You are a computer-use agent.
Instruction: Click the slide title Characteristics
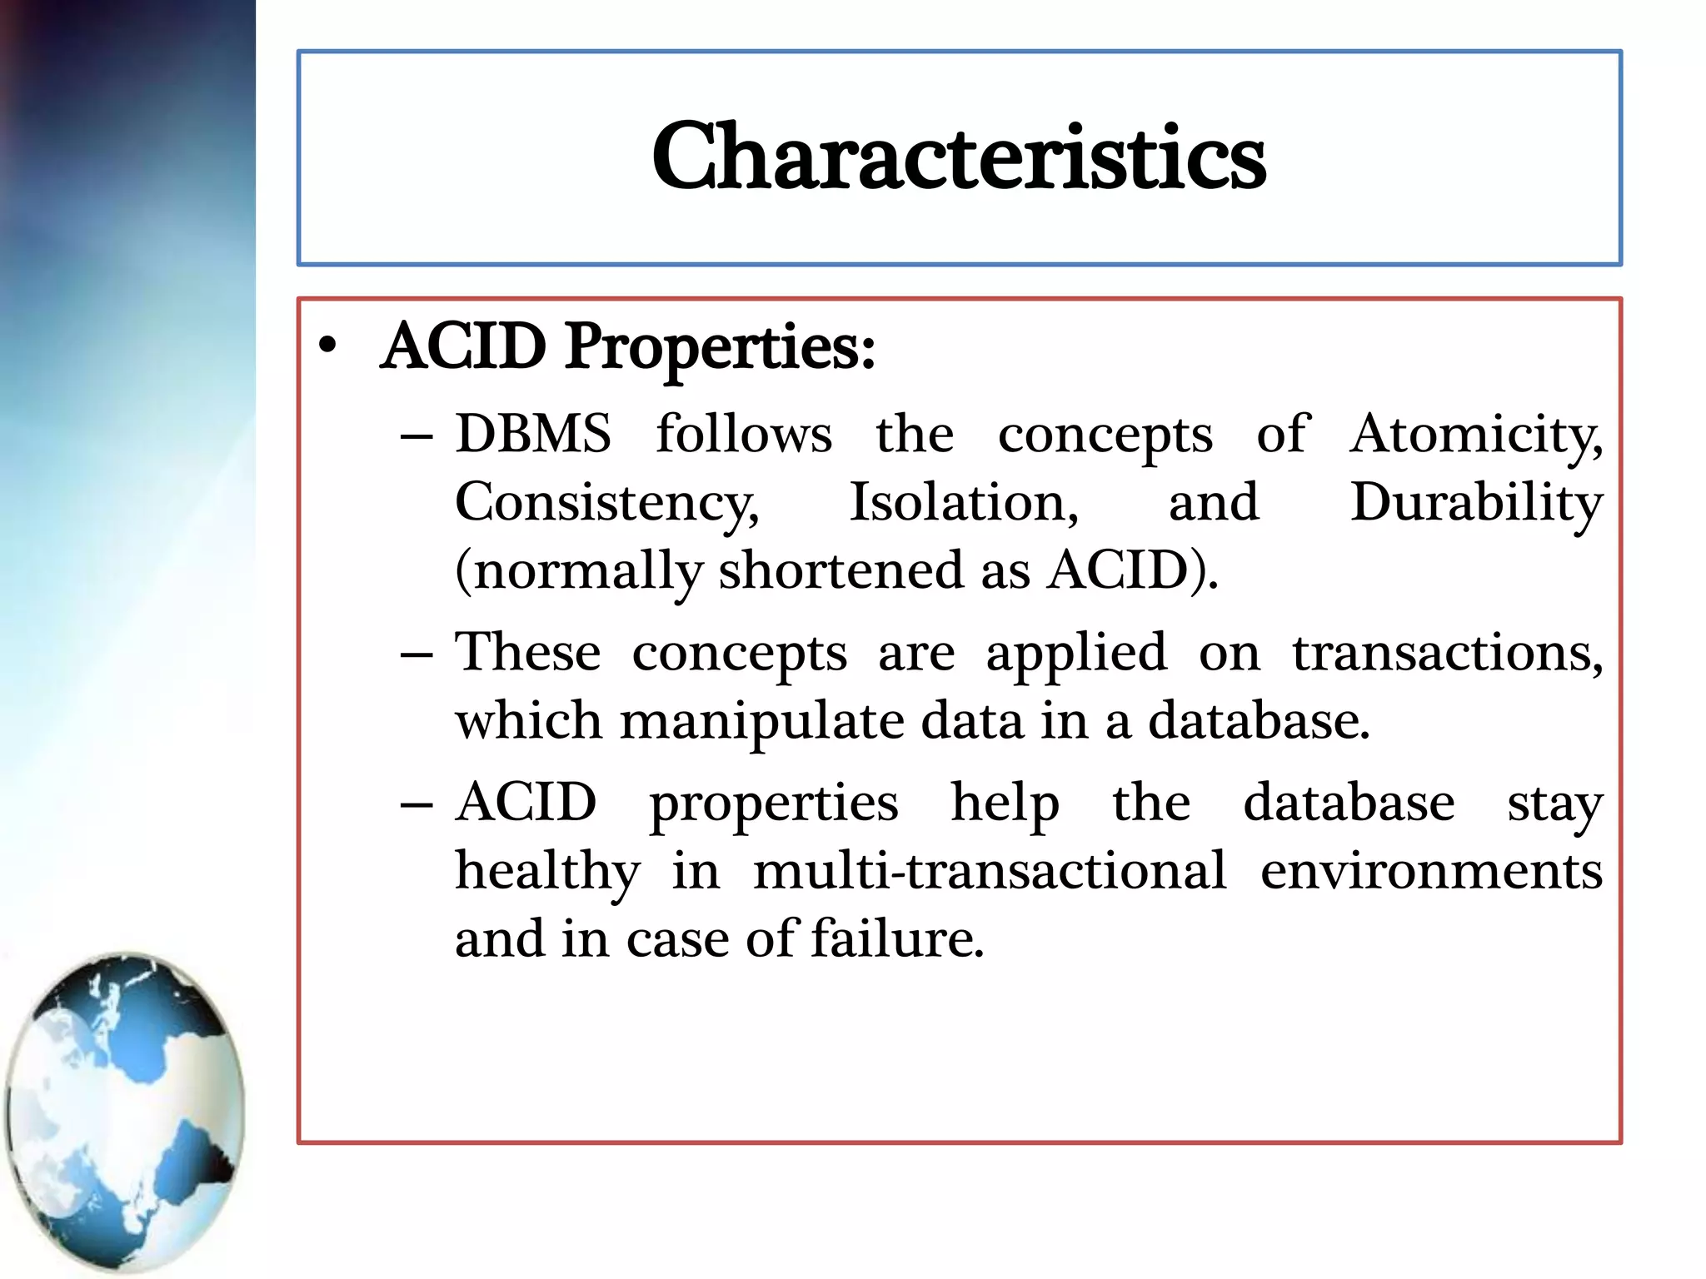coord(959,157)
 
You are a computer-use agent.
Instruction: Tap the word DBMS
coord(533,434)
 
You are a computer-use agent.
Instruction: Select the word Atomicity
coord(1474,435)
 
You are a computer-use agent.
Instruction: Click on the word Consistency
coord(606,504)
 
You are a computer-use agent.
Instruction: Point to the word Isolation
coord(963,502)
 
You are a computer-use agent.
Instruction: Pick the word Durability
coord(1476,504)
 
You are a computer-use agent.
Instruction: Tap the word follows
coord(743,434)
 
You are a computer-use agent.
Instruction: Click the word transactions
coord(1447,654)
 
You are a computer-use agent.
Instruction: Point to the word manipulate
coord(761,722)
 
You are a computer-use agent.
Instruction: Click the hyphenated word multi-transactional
coord(990,872)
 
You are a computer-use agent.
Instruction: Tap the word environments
coord(1431,872)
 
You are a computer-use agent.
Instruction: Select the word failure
coord(897,939)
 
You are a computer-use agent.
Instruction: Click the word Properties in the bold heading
coord(720,347)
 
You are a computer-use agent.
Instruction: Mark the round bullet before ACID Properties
coord(328,346)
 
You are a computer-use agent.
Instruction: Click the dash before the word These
coord(416,654)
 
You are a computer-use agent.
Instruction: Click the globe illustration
coord(125,1112)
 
